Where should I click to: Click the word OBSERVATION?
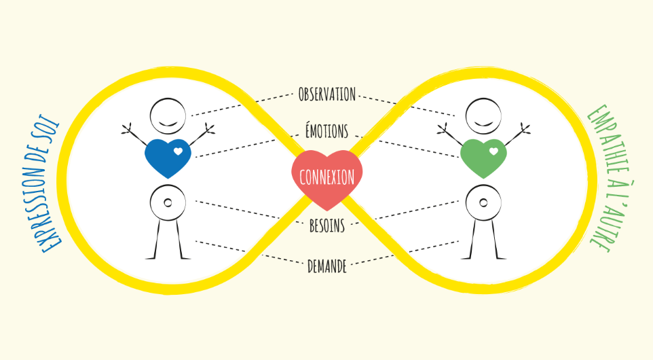pyautogui.click(x=327, y=94)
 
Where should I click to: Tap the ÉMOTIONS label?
pyautogui.click(x=327, y=130)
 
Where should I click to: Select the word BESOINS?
pyautogui.click(x=327, y=226)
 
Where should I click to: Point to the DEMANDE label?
pyautogui.click(x=327, y=266)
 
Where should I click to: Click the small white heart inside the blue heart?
pyautogui.click(x=178, y=151)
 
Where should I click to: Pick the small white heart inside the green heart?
pyautogui.click(x=493, y=151)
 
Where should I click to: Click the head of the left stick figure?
pyautogui.click(x=168, y=116)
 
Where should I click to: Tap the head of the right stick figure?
pyautogui.click(x=483, y=116)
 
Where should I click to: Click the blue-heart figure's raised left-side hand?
pyautogui.click(x=127, y=129)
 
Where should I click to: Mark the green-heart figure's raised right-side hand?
pyautogui.click(x=525, y=129)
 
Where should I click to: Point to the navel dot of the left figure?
pyautogui.click(x=168, y=203)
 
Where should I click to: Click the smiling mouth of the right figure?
pyautogui.click(x=483, y=124)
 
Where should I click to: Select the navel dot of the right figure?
pyautogui.click(x=483, y=203)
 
